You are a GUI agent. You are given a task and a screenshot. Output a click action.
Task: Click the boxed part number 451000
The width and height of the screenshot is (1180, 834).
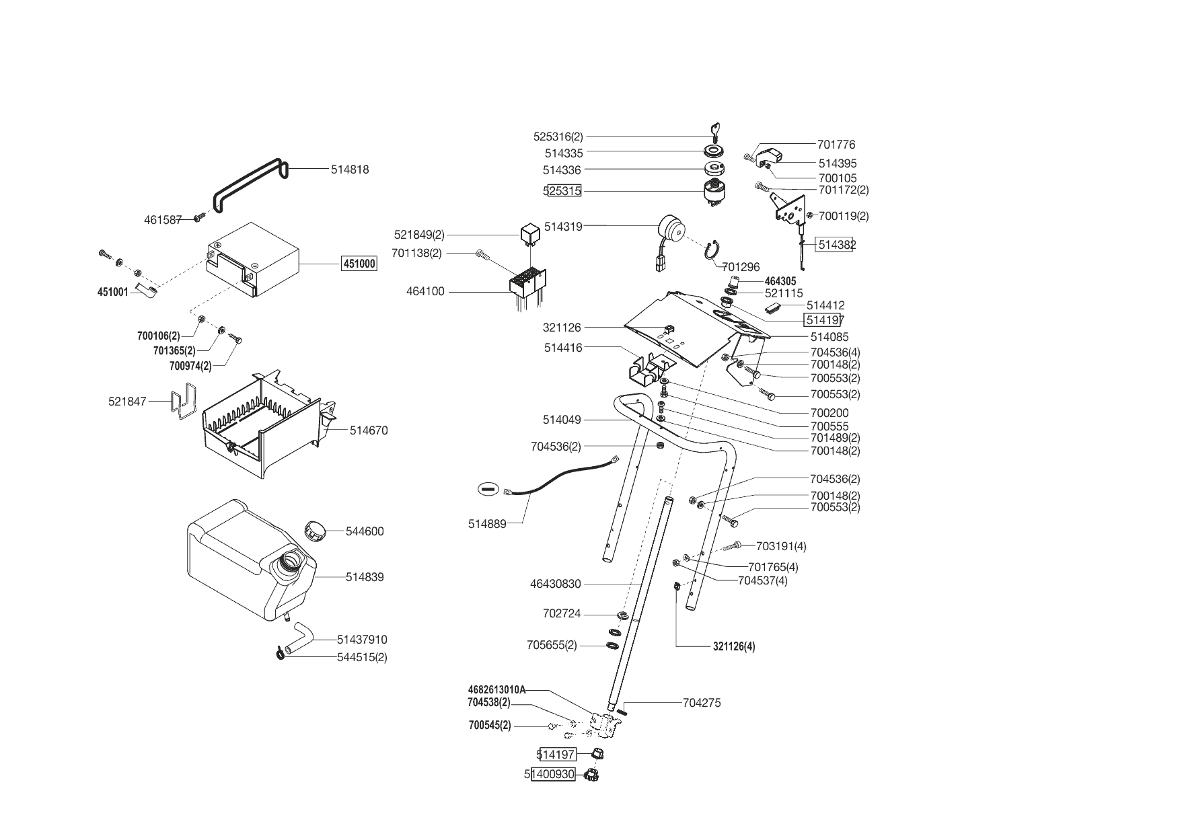tap(359, 264)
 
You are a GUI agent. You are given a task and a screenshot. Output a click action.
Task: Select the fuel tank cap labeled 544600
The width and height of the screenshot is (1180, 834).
tap(314, 529)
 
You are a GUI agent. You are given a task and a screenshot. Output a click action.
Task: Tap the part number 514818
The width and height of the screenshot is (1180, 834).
tap(350, 169)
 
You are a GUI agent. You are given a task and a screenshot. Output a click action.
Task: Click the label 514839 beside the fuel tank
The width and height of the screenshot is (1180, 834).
tap(365, 577)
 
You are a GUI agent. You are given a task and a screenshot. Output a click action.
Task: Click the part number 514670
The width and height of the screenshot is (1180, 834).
tap(369, 430)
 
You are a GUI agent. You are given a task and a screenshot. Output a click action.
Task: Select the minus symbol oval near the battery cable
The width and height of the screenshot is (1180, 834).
tap(488, 488)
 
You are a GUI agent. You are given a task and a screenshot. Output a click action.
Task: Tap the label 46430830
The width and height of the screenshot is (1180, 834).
tap(555, 584)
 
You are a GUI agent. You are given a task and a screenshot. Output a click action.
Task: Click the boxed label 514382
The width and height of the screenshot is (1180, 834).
tap(836, 245)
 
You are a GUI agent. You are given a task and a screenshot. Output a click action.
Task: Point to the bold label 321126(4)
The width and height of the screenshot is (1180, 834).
tap(734, 647)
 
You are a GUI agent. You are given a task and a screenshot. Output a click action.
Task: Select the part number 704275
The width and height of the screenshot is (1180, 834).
tap(702, 703)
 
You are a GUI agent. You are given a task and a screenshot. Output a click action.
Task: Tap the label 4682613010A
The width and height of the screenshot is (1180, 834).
tap(496, 689)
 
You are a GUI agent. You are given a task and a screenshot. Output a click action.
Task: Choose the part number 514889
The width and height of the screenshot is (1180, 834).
tap(487, 524)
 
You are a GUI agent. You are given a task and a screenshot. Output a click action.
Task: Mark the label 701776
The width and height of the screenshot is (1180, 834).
tap(836, 145)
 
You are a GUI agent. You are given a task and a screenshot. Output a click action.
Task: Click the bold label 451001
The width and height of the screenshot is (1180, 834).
tap(112, 293)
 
